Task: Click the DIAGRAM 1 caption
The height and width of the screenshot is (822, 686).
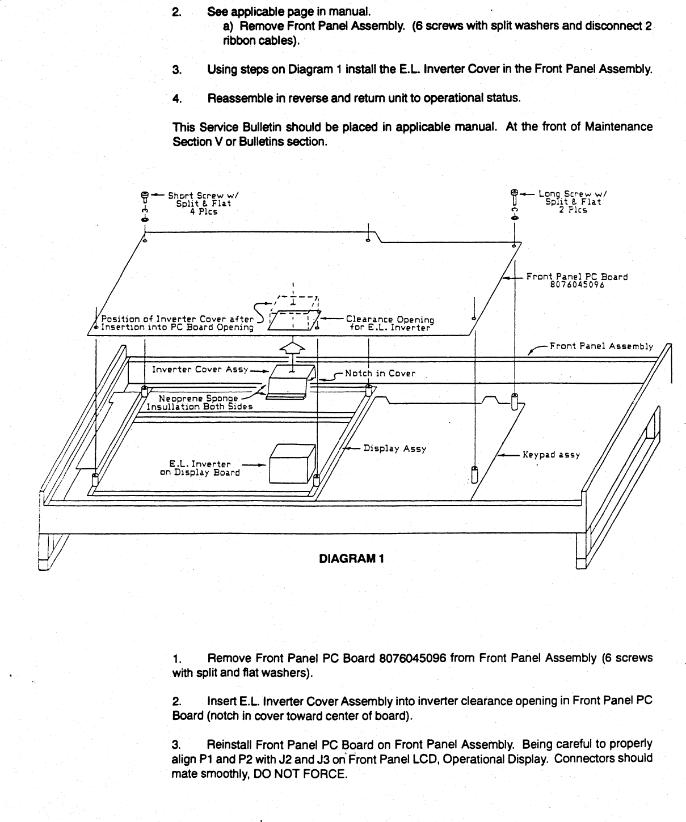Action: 352,558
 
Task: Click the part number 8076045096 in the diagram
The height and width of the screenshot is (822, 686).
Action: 577,285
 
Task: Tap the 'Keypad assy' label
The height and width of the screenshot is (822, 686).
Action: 551,455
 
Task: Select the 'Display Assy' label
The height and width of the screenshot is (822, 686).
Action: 394,448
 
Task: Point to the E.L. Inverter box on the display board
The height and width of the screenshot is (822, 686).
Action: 292,463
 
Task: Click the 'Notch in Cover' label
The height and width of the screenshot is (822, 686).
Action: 380,374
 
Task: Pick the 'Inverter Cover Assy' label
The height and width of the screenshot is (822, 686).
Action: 200,370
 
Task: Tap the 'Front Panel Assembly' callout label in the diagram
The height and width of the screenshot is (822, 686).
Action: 601,346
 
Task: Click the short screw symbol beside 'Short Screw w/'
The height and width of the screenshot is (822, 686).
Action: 145,197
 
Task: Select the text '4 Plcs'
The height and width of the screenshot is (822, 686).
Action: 203,212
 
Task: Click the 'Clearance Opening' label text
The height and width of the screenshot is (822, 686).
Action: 390,320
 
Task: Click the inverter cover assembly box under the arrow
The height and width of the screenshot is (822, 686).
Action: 291,380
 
